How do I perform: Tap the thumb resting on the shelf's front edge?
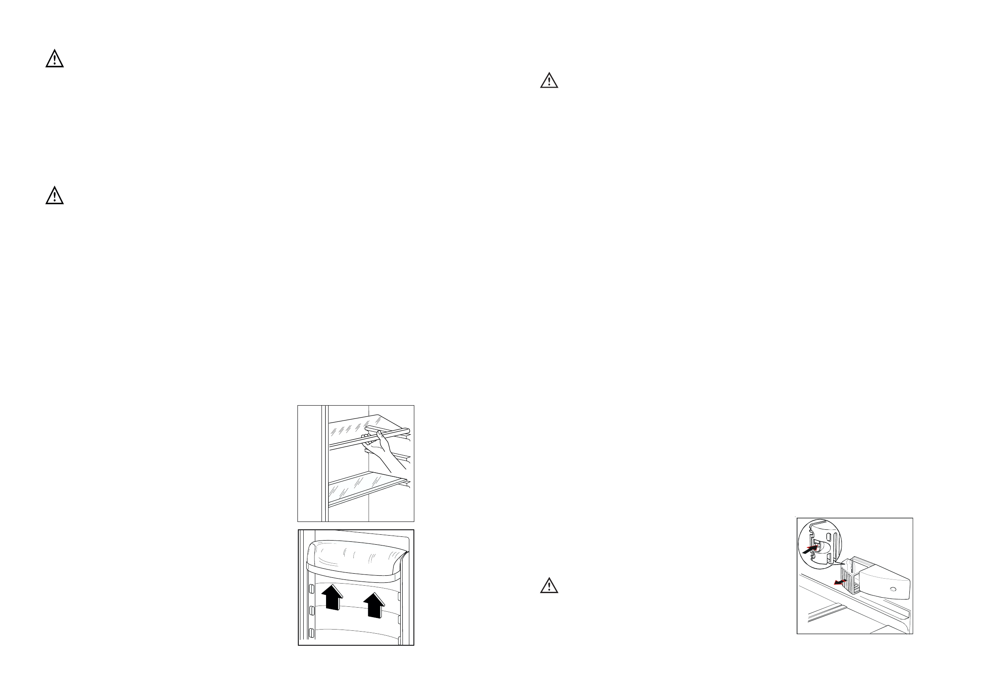(380, 434)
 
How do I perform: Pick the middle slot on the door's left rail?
(312, 611)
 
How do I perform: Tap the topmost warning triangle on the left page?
(54, 59)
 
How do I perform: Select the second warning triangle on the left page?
(54, 196)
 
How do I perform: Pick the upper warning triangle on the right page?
(549, 81)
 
